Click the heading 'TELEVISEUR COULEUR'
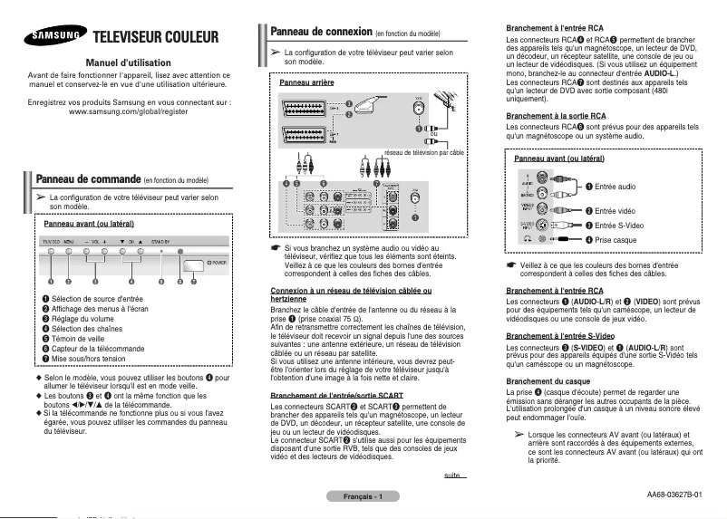coord(157,37)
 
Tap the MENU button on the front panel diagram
coord(70,253)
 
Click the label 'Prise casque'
coord(616,239)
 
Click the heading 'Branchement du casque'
coord(550,380)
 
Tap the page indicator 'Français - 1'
coord(363,496)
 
